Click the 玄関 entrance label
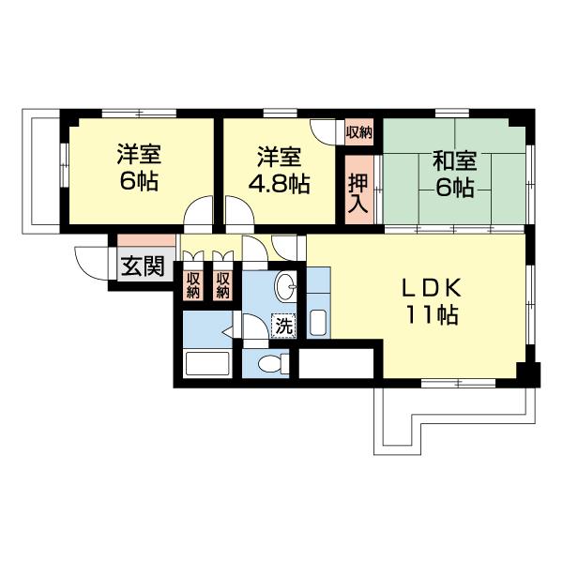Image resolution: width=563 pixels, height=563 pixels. point(143,266)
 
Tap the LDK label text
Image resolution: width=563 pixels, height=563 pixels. point(432,288)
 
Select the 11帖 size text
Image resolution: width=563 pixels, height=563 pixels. point(432,315)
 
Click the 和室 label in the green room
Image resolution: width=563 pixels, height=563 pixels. point(454,160)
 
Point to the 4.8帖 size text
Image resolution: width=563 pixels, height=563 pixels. point(280,184)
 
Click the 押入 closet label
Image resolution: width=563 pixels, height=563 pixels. point(358,194)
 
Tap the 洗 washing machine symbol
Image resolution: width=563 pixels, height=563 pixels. point(283,326)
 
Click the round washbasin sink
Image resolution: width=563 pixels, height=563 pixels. point(286,286)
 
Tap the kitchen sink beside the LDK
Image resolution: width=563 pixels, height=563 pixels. point(318,323)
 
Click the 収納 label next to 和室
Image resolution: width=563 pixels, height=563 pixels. point(359,132)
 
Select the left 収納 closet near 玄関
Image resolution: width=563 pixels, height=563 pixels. point(192,285)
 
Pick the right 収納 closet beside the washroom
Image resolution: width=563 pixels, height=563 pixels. point(222,285)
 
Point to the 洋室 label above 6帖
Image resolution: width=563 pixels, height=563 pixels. point(139,154)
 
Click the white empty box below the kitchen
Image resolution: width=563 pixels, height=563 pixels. point(337,363)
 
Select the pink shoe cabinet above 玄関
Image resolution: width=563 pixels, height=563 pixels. point(146,240)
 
